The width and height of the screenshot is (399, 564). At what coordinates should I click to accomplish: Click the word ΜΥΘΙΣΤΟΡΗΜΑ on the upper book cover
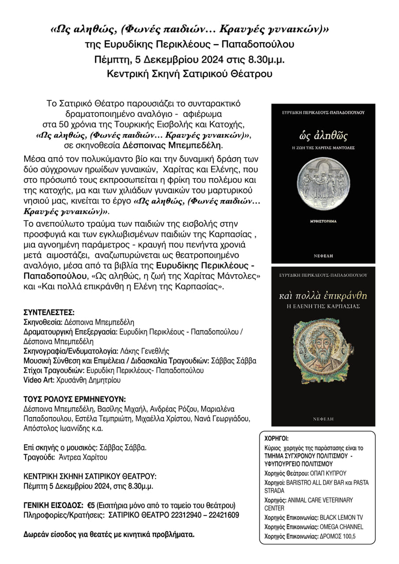(323, 221)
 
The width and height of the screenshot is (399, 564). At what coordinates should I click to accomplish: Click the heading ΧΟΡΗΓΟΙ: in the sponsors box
(276, 439)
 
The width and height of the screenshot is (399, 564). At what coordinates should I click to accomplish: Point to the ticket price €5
(91, 505)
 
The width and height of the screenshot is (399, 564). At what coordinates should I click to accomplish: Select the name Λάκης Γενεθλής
(145, 351)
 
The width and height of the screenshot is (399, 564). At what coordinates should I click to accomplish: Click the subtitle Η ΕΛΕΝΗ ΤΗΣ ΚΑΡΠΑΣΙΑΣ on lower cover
(323, 306)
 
